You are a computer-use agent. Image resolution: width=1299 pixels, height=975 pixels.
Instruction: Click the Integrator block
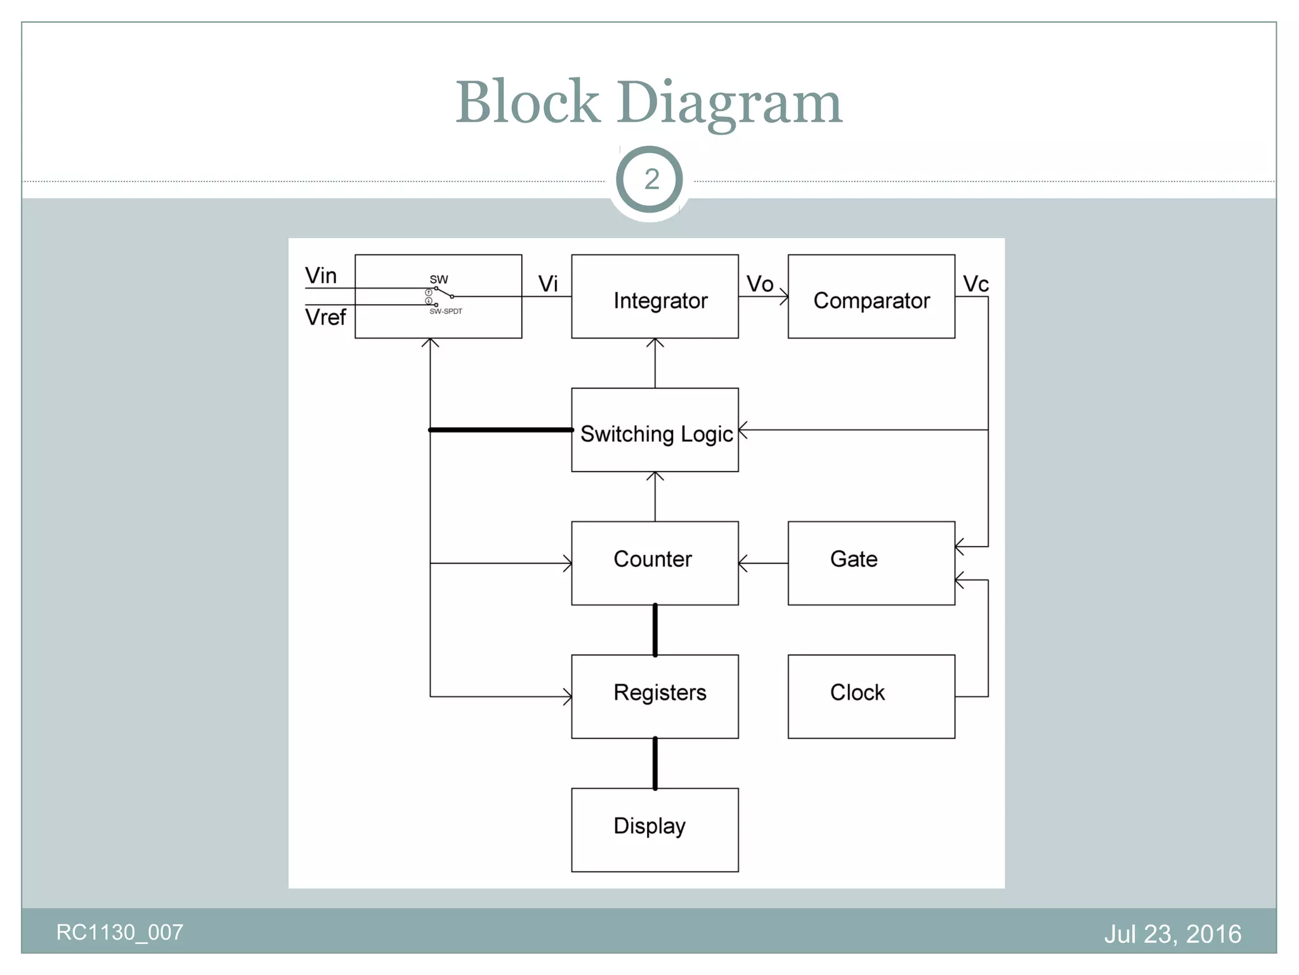(655, 296)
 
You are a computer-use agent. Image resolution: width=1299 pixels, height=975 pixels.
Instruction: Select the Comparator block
(871, 296)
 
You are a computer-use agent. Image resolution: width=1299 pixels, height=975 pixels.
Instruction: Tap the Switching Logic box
(655, 430)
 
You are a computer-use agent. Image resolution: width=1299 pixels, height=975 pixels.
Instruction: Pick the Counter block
(655, 563)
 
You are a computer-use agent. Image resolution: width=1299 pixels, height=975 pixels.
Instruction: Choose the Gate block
(871, 563)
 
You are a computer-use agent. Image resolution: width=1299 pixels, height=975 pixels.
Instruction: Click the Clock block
(871, 696)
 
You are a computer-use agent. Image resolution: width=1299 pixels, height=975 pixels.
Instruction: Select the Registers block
(655, 696)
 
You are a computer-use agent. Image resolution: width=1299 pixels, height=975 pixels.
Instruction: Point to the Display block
(655, 830)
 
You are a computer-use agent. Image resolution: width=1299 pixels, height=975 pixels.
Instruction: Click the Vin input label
(321, 276)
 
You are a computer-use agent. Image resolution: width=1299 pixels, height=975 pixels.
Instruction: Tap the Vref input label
(325, 317)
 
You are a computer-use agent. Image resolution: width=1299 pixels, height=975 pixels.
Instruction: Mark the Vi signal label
(548, 284)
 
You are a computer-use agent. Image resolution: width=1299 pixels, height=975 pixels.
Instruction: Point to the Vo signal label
(759, 284)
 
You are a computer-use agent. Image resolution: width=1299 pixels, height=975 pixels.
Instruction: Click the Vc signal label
(976, 284)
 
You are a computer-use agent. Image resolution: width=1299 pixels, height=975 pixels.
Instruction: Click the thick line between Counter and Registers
(655, 630)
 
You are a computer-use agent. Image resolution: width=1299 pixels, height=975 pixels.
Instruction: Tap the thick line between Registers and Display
(655, 763)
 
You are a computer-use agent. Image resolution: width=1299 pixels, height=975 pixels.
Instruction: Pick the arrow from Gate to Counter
(763, 563)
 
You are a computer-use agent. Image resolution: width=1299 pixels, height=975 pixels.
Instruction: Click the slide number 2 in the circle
(651, 180)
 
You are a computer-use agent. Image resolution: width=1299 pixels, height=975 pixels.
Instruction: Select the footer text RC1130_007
(120, 932)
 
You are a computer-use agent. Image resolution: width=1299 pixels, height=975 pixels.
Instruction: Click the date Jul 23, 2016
(1172, 934)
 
